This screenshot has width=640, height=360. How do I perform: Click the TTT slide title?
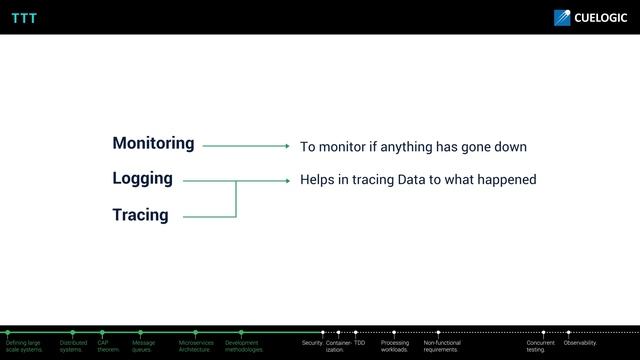click(x=24, y=17)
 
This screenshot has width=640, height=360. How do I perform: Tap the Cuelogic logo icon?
click(x=562, y=17)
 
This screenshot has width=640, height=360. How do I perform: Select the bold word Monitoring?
click(x=153, y=143)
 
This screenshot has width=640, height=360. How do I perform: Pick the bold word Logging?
click(x=142, y=179)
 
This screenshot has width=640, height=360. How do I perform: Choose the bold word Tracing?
click(x=140, y=215)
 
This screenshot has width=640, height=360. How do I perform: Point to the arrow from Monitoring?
click(x=245, y=146)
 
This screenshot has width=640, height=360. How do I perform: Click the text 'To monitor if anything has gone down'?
click(x=413, y=147)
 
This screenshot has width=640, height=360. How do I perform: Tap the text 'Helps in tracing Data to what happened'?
click(x=418, y=180)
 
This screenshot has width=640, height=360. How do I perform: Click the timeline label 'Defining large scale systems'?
click(x=24, y=346)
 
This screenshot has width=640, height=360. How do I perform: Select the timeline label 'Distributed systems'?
click(x=73, y=346)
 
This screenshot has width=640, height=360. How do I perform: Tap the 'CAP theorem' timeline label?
click(x=108, y=346)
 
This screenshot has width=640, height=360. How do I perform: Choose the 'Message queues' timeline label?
click(x=143, y=346)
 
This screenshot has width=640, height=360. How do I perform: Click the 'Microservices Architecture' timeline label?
click(x=196, y=346)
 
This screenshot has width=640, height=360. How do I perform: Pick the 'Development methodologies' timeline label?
click(x=244, y=346)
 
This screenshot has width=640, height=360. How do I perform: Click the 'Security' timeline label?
click(x=312, y=343)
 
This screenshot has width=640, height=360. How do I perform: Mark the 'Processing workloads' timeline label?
click(x=395, y=346)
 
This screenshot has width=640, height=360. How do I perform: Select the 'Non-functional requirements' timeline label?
click(x=442, y=346)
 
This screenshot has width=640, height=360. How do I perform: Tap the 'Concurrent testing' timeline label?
click(x=541, y=346)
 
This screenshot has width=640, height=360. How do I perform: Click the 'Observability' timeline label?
click(x=581, y=343)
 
